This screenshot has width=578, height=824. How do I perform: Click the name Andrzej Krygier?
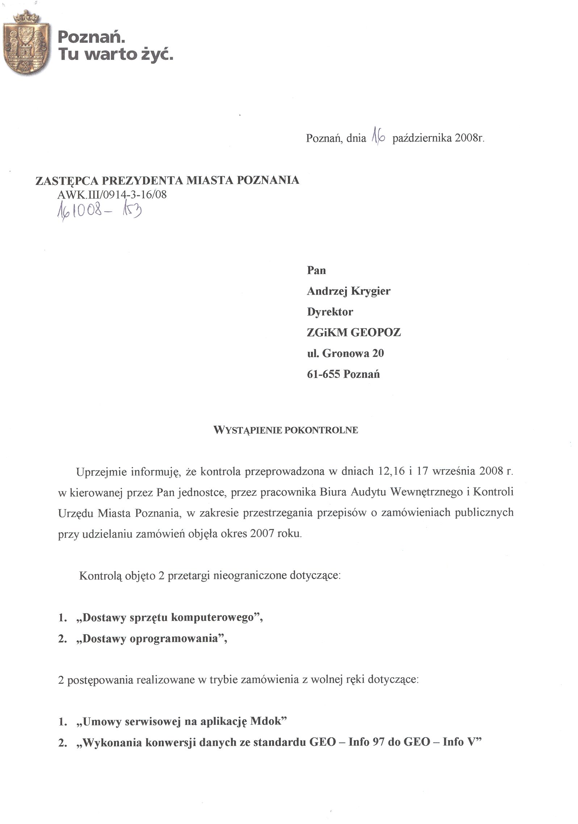348,291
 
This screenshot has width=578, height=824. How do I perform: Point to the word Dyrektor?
330,312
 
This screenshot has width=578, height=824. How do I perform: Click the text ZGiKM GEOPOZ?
353,333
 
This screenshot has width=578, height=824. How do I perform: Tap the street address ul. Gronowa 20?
345,353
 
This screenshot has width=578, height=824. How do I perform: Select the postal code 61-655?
323,374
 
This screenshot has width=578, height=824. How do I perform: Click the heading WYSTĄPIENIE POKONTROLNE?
286,430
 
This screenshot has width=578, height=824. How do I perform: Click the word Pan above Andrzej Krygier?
316,271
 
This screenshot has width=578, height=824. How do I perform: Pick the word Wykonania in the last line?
112,742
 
